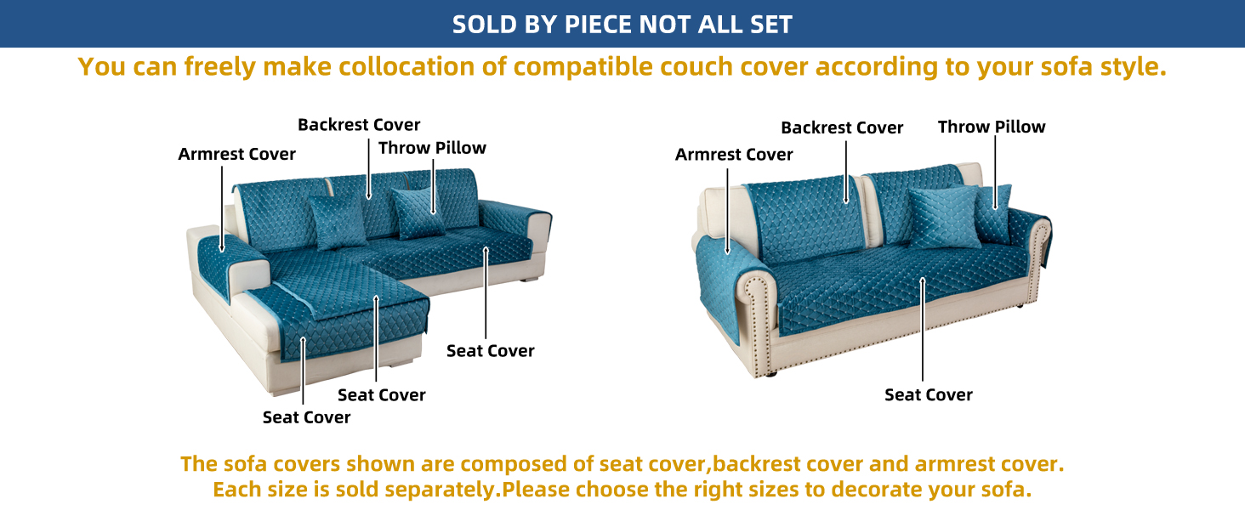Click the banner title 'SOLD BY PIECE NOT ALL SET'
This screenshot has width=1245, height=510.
[x=622, y=25]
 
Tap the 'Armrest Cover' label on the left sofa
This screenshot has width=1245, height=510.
[x=236, y=154]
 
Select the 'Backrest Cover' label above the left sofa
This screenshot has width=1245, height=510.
[x=359, y=124]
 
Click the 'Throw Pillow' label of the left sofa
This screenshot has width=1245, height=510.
[x=432, y=148]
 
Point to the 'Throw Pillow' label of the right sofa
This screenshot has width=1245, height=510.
[x=992, y=127]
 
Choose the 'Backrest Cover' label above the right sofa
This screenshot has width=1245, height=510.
[x=842, y=127]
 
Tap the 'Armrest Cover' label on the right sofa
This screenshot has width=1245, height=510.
[x=734, y=155]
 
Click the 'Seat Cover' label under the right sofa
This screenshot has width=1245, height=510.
[x=929, y=395]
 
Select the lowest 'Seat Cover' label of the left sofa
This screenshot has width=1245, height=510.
[x=306, y=417]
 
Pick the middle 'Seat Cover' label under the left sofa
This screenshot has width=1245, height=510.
[x=381, y=395]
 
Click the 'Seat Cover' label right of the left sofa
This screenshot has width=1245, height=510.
[x=490, y=350]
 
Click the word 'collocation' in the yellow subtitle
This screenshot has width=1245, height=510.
[x=406, y=66]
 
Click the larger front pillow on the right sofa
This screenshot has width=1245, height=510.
[x=945, y=217]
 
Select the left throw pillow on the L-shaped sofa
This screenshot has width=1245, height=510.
[x=337, y=221]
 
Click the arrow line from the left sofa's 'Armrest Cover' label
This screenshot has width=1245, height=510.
[x=222, y=209]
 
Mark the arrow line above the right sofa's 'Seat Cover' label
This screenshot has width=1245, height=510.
[x=922, y=329]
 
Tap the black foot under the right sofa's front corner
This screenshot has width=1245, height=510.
[x=770, y=375]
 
